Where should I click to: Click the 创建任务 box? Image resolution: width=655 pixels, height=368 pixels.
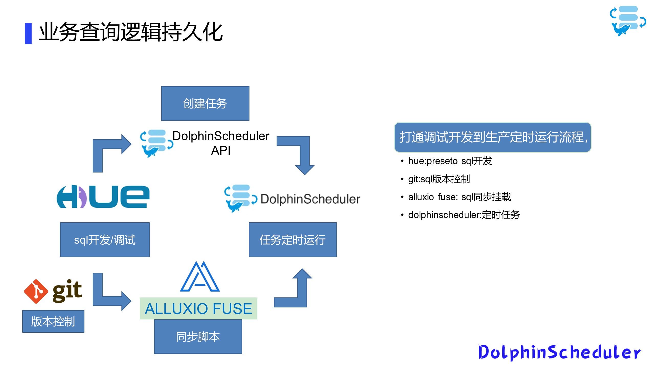point(205,103)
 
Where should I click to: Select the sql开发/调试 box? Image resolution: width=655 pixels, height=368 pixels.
point(105,240)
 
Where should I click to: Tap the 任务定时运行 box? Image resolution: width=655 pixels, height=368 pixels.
point(293,240)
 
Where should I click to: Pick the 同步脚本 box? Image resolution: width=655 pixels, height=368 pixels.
point(198,337)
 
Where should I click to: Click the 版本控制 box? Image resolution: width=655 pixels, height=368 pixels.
point(53,321)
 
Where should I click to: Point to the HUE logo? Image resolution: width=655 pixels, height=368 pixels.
point(103,197)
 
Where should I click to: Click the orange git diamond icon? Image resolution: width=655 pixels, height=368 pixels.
point(36,291)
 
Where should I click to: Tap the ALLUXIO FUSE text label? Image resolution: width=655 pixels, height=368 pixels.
point(199,308)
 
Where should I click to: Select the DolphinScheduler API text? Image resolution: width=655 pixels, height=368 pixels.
point(221,143)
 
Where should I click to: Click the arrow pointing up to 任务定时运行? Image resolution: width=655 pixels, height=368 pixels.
point(297,291)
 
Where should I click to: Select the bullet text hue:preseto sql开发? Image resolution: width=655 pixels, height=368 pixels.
point(450,161)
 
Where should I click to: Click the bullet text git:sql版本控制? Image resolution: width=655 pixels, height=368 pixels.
point(439,179)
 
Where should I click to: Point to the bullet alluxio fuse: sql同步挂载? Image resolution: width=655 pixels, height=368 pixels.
point(459,197)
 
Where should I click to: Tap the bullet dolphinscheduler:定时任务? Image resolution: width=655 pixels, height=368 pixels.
point(464,215)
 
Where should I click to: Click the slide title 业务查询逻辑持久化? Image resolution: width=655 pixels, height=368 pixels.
point(130,32)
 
